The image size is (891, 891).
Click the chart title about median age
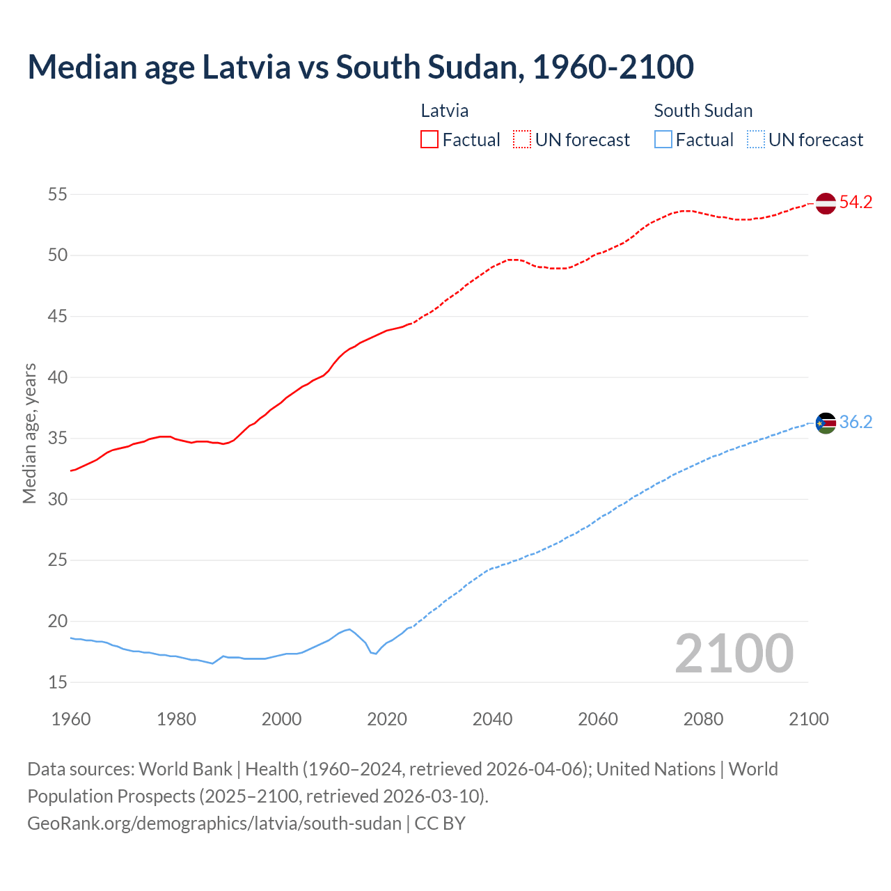(x=361, y=67)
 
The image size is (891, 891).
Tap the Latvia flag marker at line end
(x=825, y=203)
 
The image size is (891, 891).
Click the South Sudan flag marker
(x=825, y=423)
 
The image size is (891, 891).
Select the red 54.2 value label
(x=855, y=203)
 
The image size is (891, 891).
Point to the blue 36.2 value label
(x=855, y=423)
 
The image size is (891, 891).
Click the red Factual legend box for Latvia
(x=429, y=139)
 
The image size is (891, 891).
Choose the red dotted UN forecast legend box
(x=522, y=139)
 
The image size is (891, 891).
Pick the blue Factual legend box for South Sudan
(x=663, y=139)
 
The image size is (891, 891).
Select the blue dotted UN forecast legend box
(x=755, y=139)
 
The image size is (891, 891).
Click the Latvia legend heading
(x=445, y=111)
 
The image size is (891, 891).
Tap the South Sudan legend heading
(x=703, y=111)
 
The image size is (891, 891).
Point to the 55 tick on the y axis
(x=58, y=195)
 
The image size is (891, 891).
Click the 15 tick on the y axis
(x=58, y=683)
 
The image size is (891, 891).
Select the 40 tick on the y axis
(x=58, y=378)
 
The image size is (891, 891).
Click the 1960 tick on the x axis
(x=71, y=719)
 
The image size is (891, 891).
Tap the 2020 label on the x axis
(x=387, y=719)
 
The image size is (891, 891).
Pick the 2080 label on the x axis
(x=703, y=719)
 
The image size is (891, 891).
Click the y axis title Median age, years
(x=29, y=433)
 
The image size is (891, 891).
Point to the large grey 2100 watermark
(x=734, y=653)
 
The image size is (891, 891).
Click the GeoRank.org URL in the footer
(x=214, y=823)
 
